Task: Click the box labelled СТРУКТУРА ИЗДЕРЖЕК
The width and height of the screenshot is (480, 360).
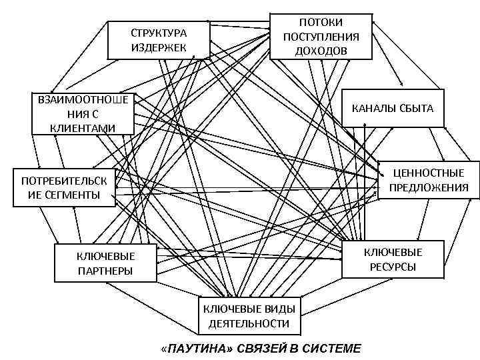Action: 159,40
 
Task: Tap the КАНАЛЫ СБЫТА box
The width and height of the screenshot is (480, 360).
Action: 392,107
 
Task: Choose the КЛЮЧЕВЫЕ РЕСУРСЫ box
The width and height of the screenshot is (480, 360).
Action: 393,259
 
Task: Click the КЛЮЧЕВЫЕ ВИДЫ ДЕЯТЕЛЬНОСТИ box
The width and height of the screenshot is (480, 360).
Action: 249,316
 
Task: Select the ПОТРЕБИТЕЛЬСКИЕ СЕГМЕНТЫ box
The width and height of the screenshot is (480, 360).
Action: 64,187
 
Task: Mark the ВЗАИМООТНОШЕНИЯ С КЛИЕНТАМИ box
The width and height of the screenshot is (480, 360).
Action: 83,113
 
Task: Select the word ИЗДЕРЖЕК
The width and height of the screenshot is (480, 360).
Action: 159,47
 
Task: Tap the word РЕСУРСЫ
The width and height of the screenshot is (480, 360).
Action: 393,267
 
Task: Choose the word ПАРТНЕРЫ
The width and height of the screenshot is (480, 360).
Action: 105,270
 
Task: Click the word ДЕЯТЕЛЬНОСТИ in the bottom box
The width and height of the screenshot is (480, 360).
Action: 249,323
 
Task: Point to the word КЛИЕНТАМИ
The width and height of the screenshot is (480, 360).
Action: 83,127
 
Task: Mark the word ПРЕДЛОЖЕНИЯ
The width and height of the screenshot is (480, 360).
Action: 429,187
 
